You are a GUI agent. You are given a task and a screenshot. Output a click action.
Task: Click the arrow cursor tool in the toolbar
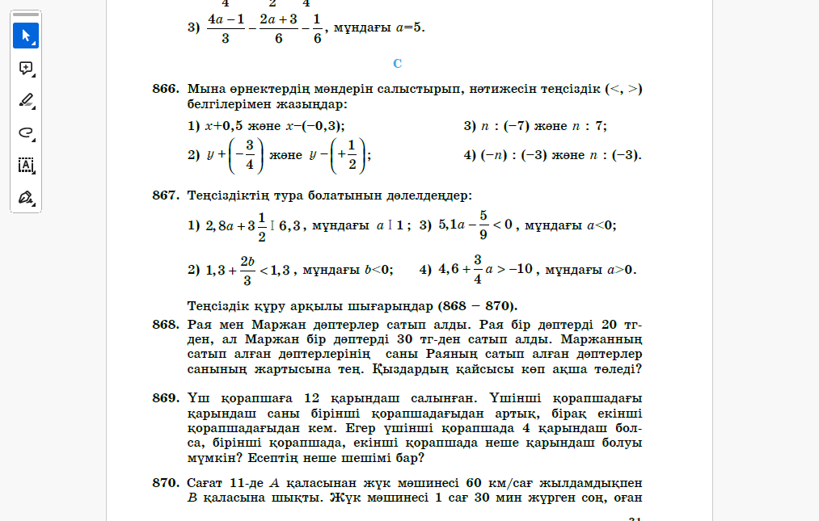click(x=26, y=36)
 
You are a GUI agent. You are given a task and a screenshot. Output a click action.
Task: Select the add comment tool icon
click(x=26, y=68)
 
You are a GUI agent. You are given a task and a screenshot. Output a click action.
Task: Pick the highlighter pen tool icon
click(x=26, y=100)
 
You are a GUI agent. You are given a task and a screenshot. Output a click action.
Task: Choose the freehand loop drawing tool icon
click(x=26, y=132)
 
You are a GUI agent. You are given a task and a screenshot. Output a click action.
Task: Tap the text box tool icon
click(x=26, y=165)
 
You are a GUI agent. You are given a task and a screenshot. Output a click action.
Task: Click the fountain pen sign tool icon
click(x=26, y=197)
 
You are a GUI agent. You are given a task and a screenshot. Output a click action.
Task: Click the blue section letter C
click(x=397, y=63)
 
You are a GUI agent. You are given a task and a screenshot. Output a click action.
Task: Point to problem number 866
click(x=165, y=89)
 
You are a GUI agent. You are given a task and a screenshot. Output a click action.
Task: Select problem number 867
click(x=165, y=195)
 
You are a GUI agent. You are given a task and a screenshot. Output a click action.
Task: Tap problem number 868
click(x=165, y=324)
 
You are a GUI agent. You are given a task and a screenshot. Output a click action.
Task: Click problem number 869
click(x=165, y=397)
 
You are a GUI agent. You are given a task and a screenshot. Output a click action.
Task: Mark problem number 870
click(x=165, y=482)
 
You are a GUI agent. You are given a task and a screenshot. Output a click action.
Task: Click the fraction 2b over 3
click(x=247, y=270)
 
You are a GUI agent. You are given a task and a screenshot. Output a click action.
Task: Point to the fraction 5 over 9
click(x=483, y=225)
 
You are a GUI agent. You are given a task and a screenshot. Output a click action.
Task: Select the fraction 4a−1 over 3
click(x=226, y=27)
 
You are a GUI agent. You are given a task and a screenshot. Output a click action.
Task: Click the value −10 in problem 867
click(x=520, y=270)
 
